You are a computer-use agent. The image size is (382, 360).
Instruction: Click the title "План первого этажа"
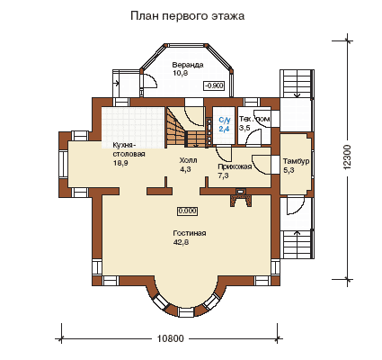tap(187, 15)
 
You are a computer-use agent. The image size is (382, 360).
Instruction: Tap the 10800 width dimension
tap(170, 338)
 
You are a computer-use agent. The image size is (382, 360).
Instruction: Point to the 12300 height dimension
tap(347, 157)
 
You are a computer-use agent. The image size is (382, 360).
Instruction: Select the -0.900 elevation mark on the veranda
tap(214, 85)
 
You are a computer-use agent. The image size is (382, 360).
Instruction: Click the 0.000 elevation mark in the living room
tap(188, 211)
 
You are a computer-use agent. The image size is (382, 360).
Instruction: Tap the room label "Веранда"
tap(188, 65)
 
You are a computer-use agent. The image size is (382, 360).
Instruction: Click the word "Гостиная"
tap(190, 233)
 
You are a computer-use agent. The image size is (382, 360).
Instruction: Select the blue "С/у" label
tap(225, 121)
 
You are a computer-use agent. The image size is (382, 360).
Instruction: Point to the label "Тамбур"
tap(297, 161)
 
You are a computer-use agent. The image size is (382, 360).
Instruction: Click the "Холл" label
tap(188, 160)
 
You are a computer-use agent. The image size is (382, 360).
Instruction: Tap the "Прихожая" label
tap(235, 166)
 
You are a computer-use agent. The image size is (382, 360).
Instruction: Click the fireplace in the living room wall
tap(240, 199)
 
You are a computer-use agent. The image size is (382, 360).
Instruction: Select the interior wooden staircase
tap(186, 129)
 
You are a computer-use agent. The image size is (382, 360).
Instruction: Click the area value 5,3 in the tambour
tap(289, 170)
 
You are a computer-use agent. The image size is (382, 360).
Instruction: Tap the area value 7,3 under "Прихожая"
tap(223, 175)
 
